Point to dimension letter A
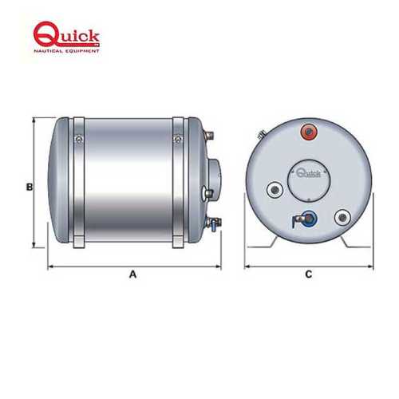click(133, 275)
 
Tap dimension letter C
click(309, 275)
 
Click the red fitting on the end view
click(307, 131)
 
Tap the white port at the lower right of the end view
click(341, 215)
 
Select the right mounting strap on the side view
click(179, 184)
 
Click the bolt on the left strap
click(77, 140)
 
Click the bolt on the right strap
click(179, 140)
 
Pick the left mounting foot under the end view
click(267, 241)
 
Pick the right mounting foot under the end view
click(350, 241)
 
